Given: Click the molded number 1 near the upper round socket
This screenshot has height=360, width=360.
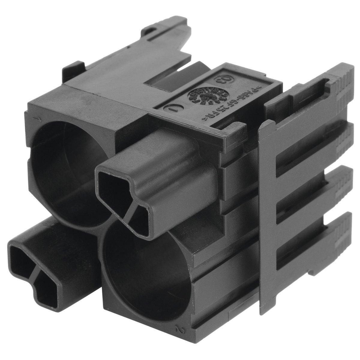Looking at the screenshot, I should click(38, 120).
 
